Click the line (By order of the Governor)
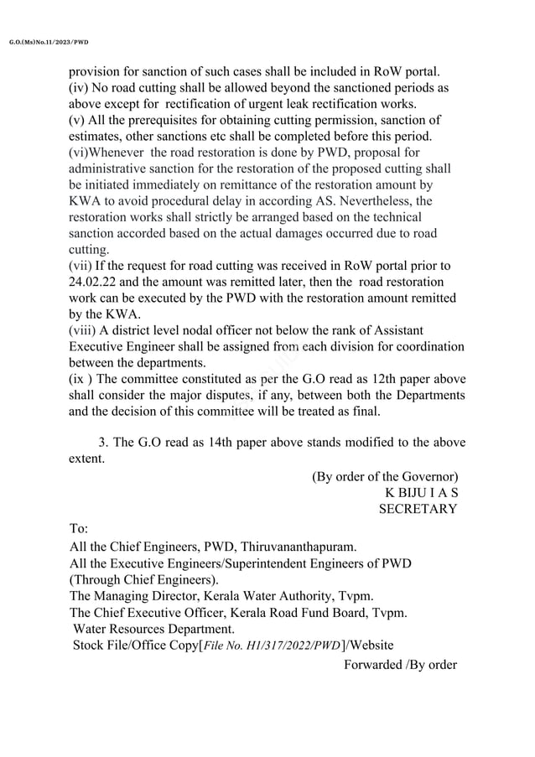point(384,476)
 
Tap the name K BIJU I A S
point(421,492)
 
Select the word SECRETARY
point(418,509)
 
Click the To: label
point(79,531)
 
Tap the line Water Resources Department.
point(153,629)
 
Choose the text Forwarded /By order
point(400,665)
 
